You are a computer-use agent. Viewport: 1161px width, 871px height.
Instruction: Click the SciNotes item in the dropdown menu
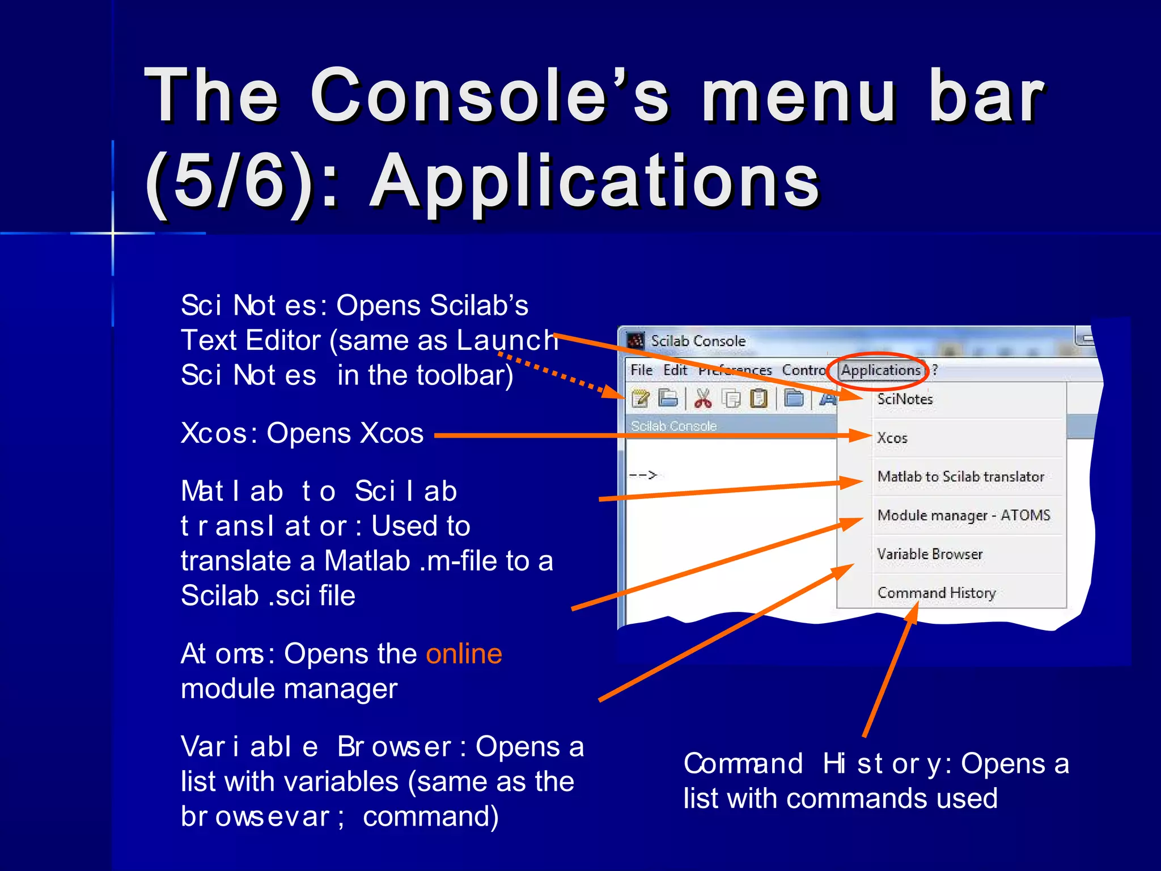pos(905,399)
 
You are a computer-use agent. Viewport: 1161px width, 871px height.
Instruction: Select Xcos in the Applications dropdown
pos(892,438)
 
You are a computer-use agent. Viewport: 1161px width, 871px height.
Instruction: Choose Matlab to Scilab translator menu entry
pos(960,476)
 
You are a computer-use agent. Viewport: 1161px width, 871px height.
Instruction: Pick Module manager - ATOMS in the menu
pos(963,515)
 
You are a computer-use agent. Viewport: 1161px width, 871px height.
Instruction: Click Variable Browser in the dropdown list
pos(930,554)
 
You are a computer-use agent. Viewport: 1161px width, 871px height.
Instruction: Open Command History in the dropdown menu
pos(936,593)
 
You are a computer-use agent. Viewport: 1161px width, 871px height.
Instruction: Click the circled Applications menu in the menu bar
pos(880,370)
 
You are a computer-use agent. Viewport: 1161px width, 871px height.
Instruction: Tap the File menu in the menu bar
pos(641,370)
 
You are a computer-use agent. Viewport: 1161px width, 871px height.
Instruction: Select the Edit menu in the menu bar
pos(675,370)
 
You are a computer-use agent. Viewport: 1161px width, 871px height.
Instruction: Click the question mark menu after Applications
pos(935,370)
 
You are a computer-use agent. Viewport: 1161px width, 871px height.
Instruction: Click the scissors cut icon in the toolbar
pos(703,399)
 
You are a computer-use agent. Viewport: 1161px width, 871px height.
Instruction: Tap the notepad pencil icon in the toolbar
pos(641,399)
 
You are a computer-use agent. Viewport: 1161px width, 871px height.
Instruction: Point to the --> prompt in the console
pos(643,475)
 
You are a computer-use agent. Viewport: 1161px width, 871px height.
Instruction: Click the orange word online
pos(464,654)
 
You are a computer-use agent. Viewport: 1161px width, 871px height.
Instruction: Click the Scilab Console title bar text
pos(698,341)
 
